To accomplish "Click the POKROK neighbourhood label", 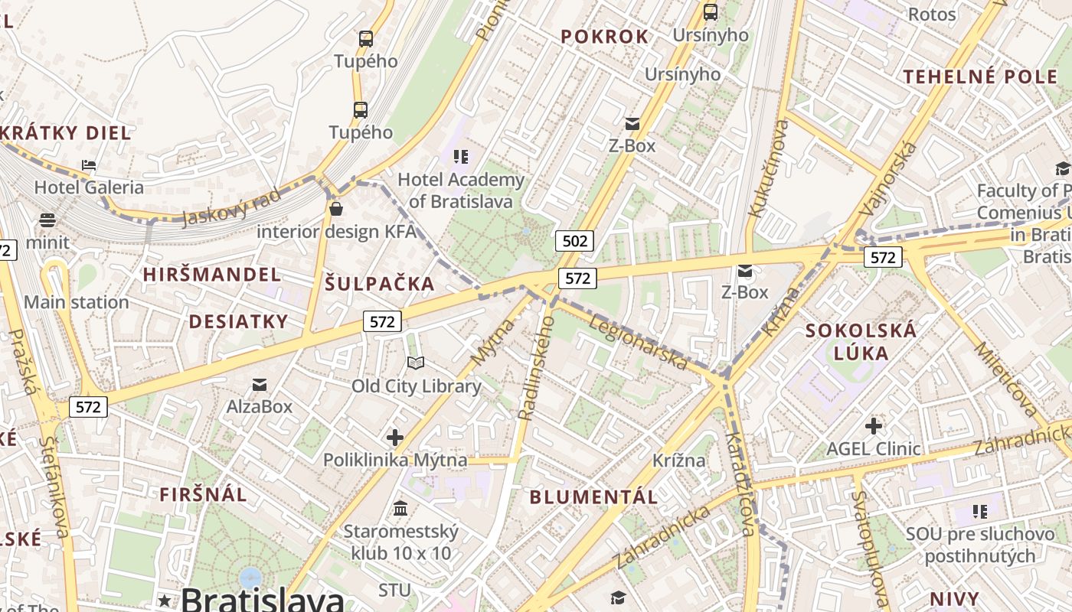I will [x=604, y=37].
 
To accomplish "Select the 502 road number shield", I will [x=574, y=242].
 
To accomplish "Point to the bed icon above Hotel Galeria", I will [x=89, y=165].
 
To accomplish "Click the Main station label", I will [x=77, y=302].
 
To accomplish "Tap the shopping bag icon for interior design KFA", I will [x=335, y=208].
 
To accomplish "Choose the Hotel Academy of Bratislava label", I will [x=461, y=190].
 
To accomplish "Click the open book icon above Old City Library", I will [x=415, y=363].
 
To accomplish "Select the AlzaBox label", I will [x=259, y=406].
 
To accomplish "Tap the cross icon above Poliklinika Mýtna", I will [x=394, y=438].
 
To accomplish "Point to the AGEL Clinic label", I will [x=873, y=448].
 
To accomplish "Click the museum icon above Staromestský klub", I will [x=400, y=509].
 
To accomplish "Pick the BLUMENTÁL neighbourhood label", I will [x=593, y=497].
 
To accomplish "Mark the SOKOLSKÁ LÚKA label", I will [x=861, y=342].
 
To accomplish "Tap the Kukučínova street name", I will [x=768, y=168].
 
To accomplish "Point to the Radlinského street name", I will [x=535, y=368].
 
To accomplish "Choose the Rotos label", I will [x=931, y=14].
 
